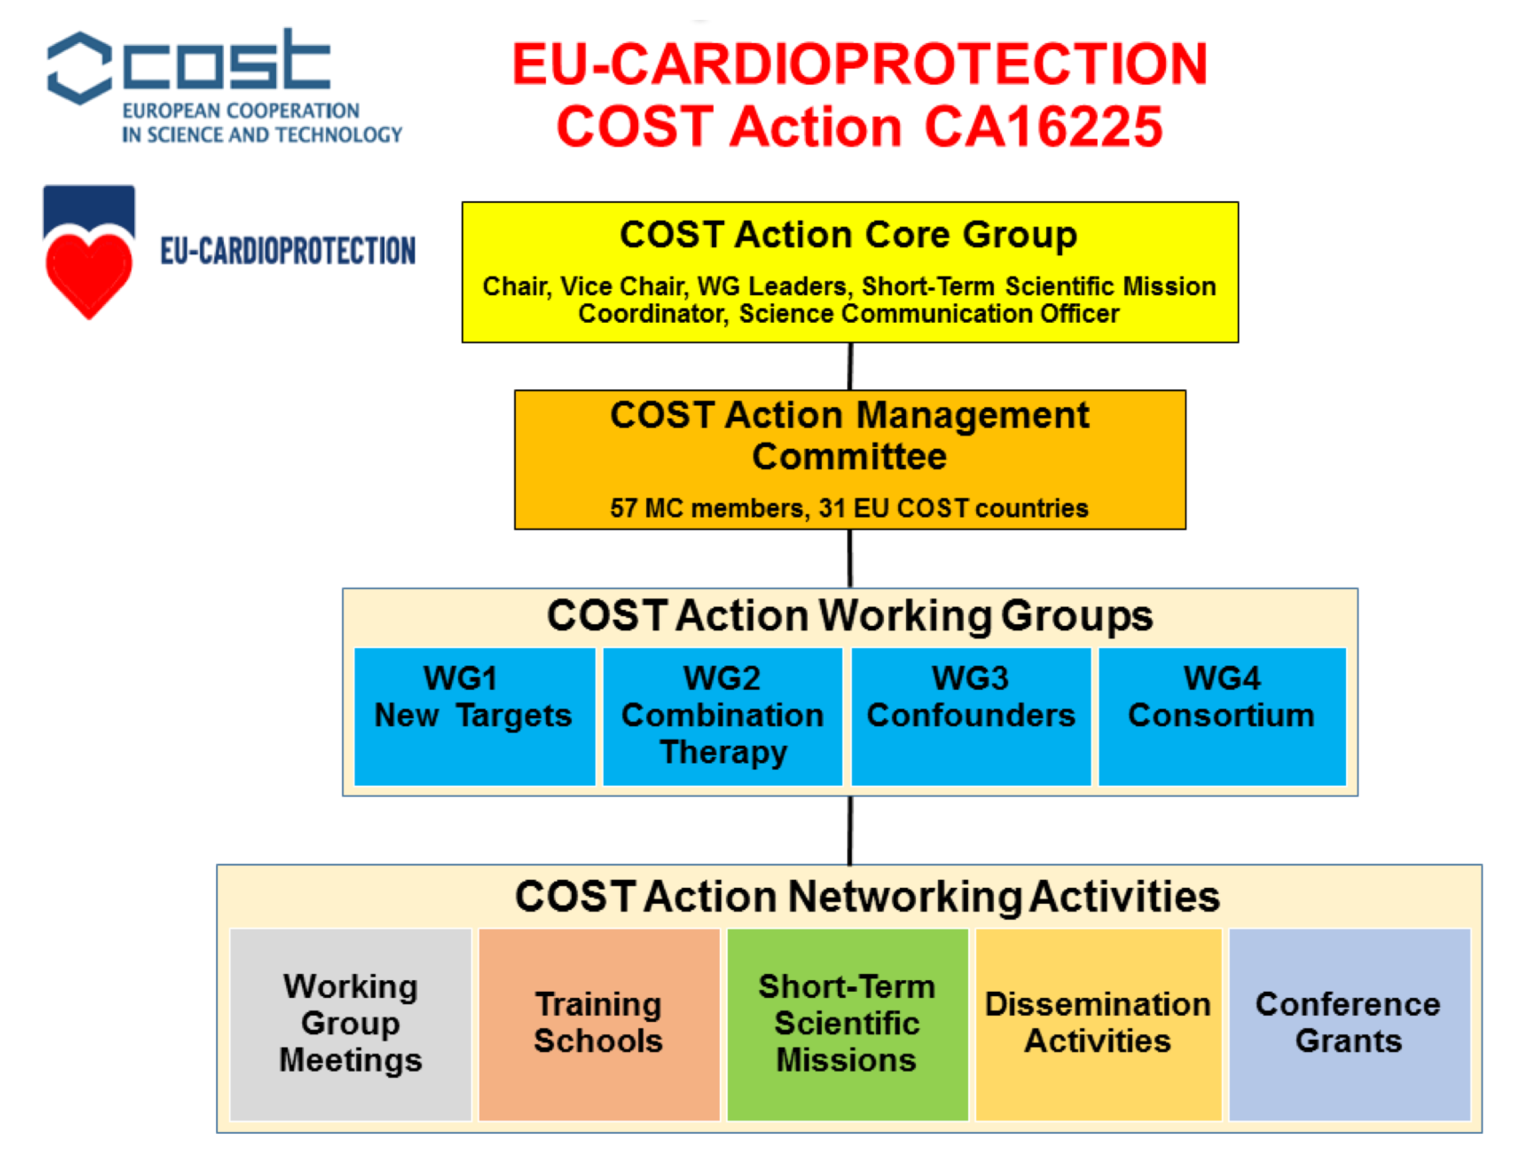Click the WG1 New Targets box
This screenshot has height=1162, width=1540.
pyautogui.click(x=475, y=716)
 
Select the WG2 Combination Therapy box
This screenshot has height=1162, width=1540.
pyautogui.click(x=722, y=716)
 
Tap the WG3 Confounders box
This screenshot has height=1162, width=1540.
pyautogui.click(x=971, y=716)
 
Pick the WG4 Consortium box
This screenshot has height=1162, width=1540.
pyautogui.click(x=1222, y=716)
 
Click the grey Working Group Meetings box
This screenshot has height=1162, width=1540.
pyautogui.click(x=350, y=1024)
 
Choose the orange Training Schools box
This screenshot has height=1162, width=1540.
pyautogui.click(x=599, y=1024)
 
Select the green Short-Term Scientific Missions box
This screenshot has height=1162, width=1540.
pyautogui.click(x=847, y=1024)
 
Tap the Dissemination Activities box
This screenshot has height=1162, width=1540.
pyautogui.click(x=1098, y=1024)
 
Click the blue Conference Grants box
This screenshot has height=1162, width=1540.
pyautogui.click(x=1349, y=1024)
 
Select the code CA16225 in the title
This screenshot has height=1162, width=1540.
pyautogui.click(x=1043, y=127)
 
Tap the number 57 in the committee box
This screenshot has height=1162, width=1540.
pyautogui.click(x=624, y=509)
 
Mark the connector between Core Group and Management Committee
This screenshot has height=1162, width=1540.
pyautogui.click(x=850, y=367)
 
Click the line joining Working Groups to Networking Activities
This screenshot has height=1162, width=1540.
pyautogui.click(x=850, y=830)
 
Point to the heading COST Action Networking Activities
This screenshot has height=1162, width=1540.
pyautogui.click(x=867, y=897)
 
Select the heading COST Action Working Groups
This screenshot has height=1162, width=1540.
pyautogui.click(x=850, y=616)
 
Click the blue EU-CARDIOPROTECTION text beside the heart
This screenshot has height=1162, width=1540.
pyautogui.click(x=288, y=251)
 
